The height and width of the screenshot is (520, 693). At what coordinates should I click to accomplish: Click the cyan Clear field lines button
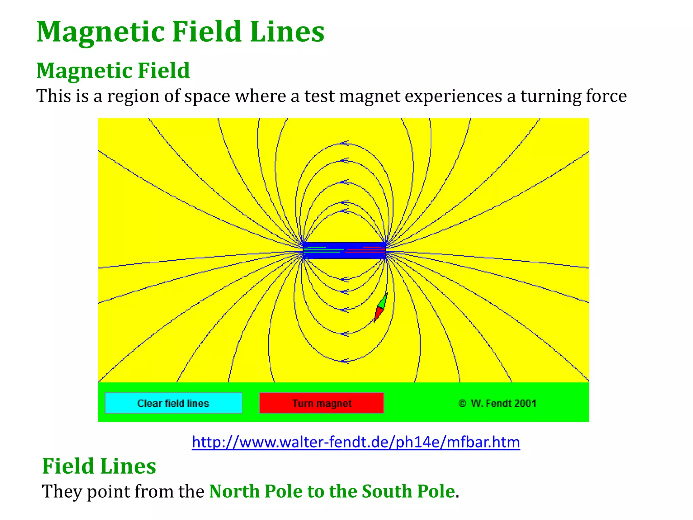point(173,403)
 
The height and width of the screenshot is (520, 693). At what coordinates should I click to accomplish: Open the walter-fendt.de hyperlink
point(356,442)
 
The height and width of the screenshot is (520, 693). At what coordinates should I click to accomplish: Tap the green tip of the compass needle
point(383,300)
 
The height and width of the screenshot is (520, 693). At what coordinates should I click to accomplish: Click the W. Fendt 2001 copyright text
point(497,403)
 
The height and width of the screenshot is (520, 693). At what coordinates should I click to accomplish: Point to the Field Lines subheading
point(99,466)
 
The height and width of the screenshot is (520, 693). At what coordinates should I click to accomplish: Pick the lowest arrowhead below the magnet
point(344,361)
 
